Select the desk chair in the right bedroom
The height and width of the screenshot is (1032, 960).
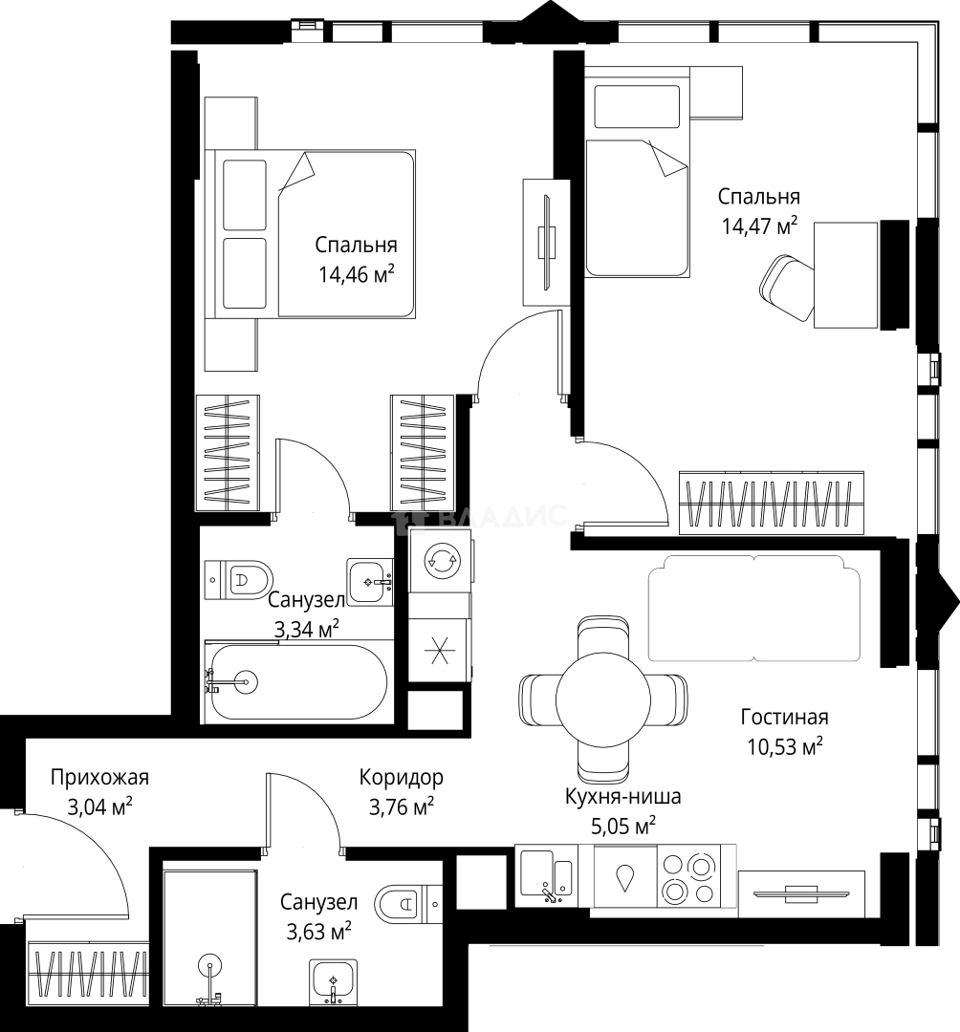click(x=787, y=287)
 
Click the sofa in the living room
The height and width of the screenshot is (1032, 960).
click(x=754, y=608)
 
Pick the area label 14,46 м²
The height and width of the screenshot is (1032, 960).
click(x=357, y=273)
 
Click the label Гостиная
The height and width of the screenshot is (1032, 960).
click(x=784, y=717)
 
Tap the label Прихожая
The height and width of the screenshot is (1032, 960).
click(x=100, y=777)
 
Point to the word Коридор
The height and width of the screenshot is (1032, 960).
click(x=401, y=777)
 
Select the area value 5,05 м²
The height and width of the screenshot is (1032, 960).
click(x=622, y=826)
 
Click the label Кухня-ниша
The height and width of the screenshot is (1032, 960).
click(x=622, y=796)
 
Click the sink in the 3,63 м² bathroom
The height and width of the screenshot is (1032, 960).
click(x=333, y=982)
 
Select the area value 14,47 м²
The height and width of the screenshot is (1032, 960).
click(x=760, y=226)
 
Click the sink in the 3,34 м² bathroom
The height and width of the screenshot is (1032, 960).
click(x=370, y=582)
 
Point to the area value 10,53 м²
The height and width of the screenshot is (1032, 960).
click(x=784, y=747)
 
